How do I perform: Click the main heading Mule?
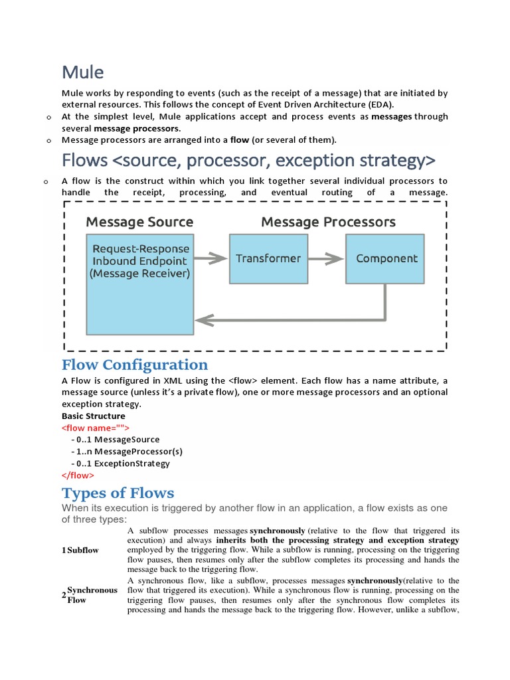click(83, 71)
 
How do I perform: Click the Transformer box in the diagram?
click(268, 258)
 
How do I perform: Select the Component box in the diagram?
click(386, 258)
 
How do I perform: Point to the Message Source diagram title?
click(139, 222)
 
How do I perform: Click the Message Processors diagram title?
click(328, 222)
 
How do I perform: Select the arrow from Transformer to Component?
click(326, 258)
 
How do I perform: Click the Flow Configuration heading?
click(135, 365)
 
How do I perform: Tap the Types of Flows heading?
click(118, 493)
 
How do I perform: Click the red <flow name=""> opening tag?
click(96, 428)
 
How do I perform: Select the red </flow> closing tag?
click(78, 475)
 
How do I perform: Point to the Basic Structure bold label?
click(94, 416)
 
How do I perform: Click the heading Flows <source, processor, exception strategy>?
click(249, 160)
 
